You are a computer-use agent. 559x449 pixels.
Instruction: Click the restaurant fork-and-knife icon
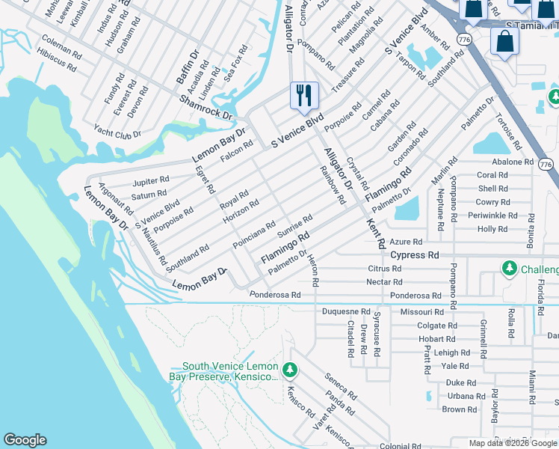coord(304,95)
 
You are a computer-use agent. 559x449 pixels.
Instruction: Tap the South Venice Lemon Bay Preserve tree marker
coord(290,370)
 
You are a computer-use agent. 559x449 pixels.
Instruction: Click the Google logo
coord(25,440)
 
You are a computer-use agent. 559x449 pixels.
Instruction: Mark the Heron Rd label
coord(313,270)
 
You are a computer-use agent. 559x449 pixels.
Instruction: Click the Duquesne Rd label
coord(345,311)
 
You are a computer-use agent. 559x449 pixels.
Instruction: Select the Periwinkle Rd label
coord(492,216)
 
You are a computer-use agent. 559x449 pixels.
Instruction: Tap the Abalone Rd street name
coord(512,162)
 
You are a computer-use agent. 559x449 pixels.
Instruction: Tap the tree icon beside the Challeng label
coord(510,268)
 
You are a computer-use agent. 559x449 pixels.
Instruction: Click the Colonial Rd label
coord(395,446)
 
